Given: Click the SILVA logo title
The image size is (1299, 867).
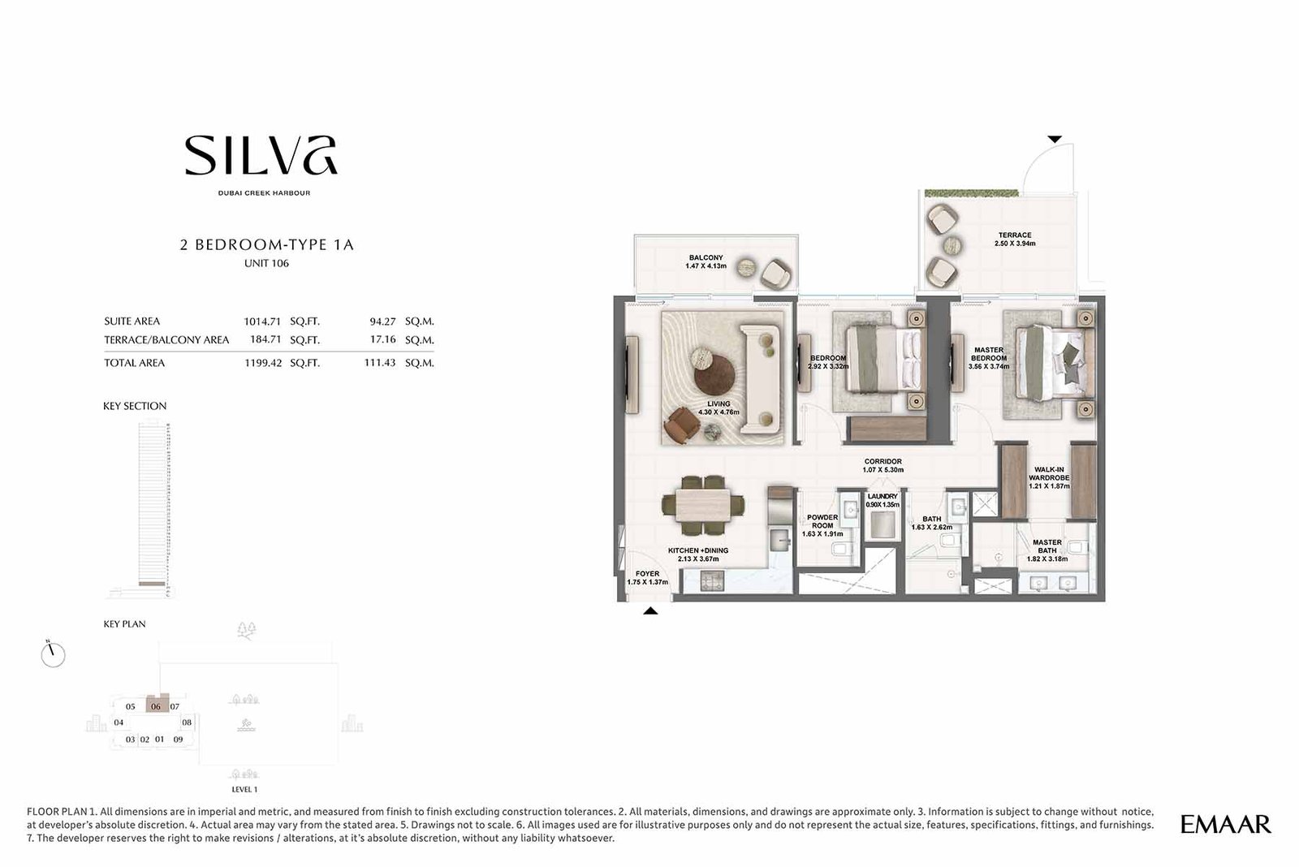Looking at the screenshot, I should pos(261,156).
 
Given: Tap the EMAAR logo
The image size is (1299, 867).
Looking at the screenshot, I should pos(1225,825).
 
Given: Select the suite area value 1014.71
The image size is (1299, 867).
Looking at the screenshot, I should pos(263,321).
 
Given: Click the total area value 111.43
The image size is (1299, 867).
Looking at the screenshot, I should pos(379,363).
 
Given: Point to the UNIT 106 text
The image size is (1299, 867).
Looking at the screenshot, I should pos(266,264).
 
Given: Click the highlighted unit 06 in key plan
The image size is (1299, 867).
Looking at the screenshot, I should pos(156,706).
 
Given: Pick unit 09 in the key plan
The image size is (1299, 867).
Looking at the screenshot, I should pos(178,740).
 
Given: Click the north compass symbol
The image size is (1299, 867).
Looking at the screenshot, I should pos(53,654).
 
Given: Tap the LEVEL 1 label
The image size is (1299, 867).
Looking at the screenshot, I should pos(244,789).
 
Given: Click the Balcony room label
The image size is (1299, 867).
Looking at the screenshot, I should pos(706,257).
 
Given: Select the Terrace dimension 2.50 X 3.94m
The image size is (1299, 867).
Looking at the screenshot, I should pos(1015,244).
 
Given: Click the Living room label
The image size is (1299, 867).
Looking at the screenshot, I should pos(719,403).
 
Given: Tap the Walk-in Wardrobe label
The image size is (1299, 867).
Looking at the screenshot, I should pos(1049,473).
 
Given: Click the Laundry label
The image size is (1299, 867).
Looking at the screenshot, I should pos(883,496).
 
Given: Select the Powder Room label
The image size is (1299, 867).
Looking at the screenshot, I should pos(822,521).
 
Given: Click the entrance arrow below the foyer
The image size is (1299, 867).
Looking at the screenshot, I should pos(649,611).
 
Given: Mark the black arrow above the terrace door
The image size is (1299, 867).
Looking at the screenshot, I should pos(1054,140).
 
